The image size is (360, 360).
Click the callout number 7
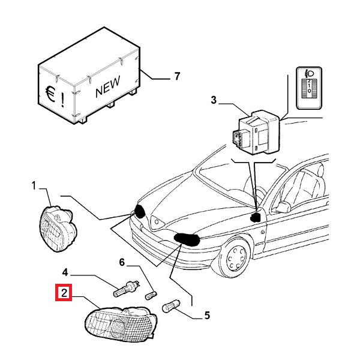177,76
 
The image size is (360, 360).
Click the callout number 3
213,101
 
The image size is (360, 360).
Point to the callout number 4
65,271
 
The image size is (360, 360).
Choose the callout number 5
207,314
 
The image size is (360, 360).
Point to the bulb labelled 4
126,289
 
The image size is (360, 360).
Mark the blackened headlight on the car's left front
187,239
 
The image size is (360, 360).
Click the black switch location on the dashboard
256,216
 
